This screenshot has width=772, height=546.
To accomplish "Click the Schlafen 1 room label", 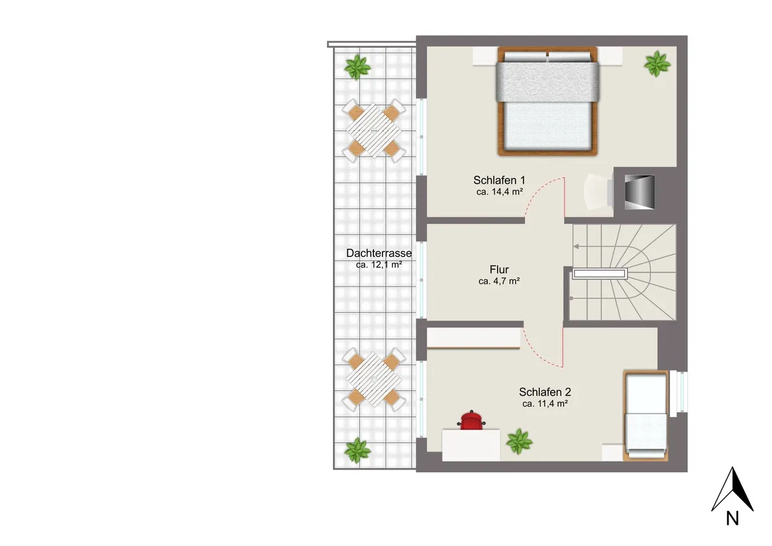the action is tap(499, 180).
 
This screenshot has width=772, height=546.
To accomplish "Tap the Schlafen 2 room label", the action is tap(545, 392).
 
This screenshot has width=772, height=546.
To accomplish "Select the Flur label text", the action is tap(499, 269).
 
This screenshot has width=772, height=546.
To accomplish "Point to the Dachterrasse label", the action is tap(379, 253).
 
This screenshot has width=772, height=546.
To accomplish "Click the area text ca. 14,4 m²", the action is tap(499, 192).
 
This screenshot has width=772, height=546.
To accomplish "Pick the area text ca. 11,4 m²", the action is tap(545, 404).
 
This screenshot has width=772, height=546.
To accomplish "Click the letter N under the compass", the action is tap(732, 518).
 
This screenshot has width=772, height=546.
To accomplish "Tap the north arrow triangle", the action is tap(732, 489).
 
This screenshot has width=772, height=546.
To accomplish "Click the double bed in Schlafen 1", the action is tap(547, 101).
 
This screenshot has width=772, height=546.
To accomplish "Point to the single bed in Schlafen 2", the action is tap(645, 416).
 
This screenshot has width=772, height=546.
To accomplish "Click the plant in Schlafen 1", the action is tap(657, 64).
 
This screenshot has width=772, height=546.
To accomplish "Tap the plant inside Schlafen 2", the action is tap(519, 442).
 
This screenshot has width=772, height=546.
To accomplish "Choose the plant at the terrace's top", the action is tap(358, 67).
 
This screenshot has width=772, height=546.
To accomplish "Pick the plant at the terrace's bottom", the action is tap(358, 451).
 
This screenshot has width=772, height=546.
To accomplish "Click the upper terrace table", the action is tap(374, 131).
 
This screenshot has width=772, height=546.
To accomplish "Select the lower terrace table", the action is tap(374, 379).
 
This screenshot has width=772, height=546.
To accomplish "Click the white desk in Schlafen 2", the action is tap(471, 445).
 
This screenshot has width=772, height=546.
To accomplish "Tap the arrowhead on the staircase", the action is tap(576, 247).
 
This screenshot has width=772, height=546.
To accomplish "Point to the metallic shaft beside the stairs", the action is tap(640, 192).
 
